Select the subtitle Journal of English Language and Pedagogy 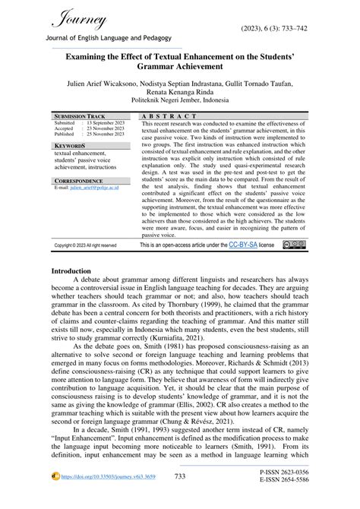tap(110, 38)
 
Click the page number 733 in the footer tap(179, 497)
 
